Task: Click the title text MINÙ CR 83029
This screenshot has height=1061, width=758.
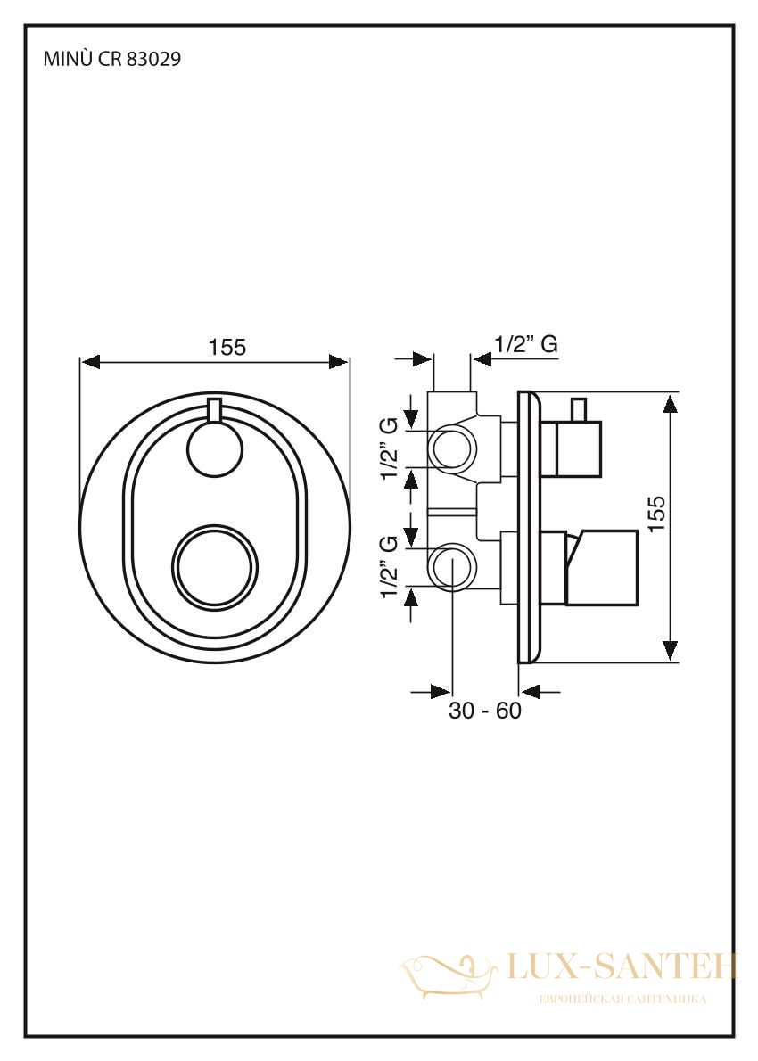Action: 112,59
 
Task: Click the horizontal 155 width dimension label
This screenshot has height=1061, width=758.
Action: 227,347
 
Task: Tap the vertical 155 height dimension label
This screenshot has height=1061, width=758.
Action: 655,514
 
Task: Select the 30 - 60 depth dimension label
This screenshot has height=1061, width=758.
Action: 485,711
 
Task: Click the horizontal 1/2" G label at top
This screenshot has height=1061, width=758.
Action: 526,344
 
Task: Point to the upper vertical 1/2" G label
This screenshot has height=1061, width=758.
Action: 388,448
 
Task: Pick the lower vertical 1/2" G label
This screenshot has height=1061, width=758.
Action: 388,567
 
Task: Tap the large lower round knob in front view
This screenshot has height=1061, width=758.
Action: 215,565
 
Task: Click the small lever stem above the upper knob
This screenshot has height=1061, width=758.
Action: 215,411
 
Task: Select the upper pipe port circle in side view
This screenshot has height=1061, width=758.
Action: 453,448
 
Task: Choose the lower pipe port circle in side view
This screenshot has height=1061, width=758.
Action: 453,567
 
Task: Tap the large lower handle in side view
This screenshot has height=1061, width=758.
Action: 601,567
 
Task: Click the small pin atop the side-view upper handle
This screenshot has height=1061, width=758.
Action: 578,410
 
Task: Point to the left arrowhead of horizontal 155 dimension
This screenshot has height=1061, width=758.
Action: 90,362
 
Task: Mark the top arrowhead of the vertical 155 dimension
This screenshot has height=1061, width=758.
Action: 670,403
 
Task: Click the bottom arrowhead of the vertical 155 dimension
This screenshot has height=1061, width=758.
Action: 670,650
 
